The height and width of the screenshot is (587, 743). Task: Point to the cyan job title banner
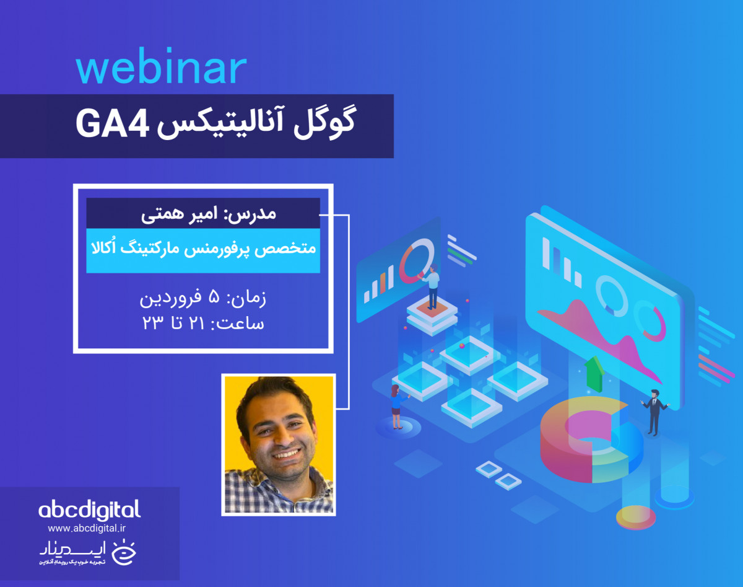(x=203, y=250)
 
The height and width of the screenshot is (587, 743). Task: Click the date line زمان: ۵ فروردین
(x=203, y=299)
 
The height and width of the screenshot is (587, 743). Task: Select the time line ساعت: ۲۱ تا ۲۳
(x=203, y=324)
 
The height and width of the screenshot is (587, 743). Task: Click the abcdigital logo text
(x=90, y=510)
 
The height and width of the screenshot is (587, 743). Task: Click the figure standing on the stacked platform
(x=432, y=286)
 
